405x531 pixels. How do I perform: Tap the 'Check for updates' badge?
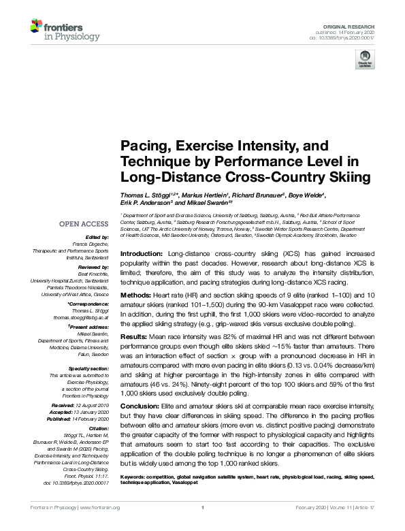click(364, 60)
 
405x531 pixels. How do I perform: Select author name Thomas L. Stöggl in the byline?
click(147, 196)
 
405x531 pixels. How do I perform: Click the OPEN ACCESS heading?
click(86, 223)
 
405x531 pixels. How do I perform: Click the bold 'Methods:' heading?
click(136, 296)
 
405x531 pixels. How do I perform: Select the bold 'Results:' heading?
click(135, 337)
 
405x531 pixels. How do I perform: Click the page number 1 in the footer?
click(203, 526)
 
